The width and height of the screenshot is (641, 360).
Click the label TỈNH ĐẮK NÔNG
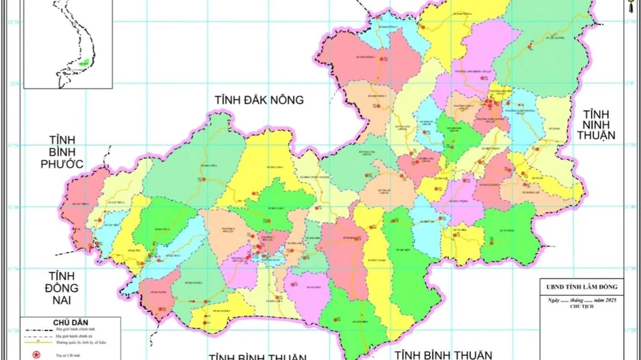[x=259, y=100]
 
